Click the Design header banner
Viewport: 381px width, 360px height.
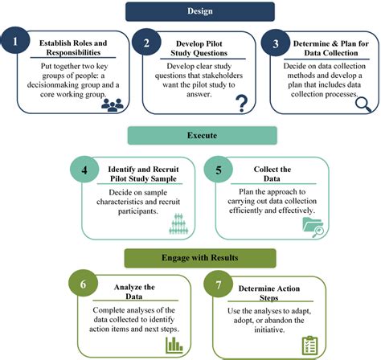coord(200,11)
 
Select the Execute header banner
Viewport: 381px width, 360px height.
coord(203,136)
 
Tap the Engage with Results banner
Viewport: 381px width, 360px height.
coord(200,258)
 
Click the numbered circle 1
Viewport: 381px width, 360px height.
coord(15,40)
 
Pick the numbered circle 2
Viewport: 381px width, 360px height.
coord(146,43)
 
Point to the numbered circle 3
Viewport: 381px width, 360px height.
coord(276,43)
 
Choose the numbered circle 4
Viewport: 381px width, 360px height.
coord(84,170)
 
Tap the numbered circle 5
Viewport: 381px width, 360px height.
coord(219,170)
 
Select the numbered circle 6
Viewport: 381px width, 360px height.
coord(83,284)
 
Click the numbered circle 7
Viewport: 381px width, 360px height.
coord(219,284)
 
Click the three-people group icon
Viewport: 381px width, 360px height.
coord(113,105)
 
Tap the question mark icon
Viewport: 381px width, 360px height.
coord(242,104)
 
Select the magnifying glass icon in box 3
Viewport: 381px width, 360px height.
coord(363,104)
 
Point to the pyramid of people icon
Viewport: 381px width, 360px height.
coord(178,223)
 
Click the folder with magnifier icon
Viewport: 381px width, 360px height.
coord(313,227)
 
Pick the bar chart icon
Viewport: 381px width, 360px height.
coord(174,345)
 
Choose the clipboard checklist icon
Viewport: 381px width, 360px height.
coord(309,345)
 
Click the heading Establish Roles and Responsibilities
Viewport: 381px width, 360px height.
coord(73,47)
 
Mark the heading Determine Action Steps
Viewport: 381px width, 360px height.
coord(269,292)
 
